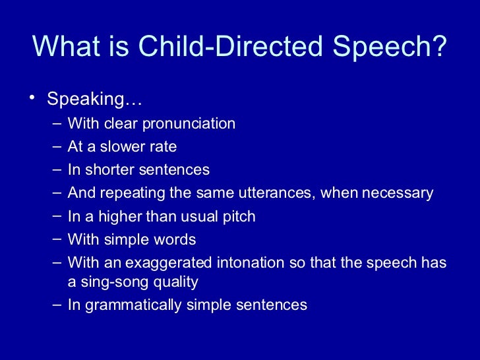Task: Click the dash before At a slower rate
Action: (x=55, y=146)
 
